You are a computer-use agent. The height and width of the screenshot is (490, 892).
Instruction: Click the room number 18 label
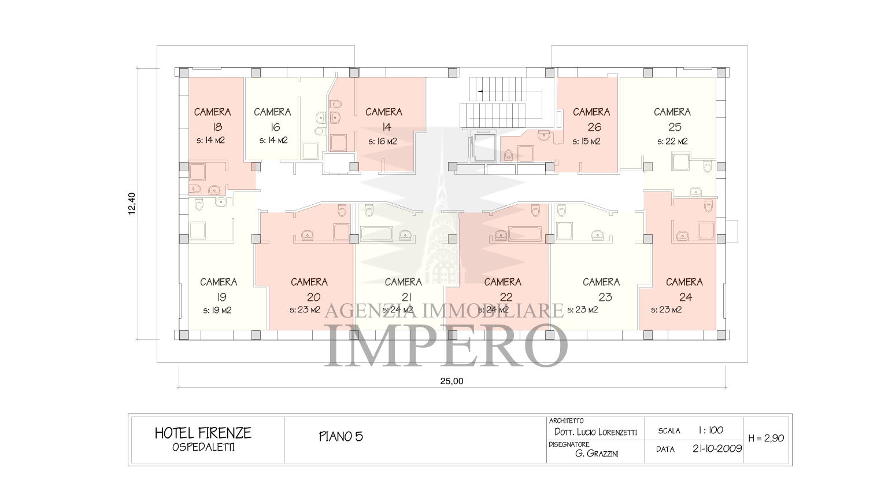pos(217,127)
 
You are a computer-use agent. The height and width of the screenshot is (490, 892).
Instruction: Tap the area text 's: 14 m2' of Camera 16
pos(273,140)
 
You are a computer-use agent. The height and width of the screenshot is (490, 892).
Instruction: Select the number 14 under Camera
pos(386,127)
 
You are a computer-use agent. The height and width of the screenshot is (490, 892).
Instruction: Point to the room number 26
pos(594,127)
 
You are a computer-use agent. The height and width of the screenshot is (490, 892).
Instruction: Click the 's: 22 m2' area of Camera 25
pos(672,141)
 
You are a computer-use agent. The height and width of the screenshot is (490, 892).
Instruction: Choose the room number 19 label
pos(221,297)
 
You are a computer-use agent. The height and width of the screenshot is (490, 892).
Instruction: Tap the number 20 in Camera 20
pos(314,297)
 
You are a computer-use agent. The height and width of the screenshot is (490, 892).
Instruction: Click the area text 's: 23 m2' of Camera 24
pos(666,310)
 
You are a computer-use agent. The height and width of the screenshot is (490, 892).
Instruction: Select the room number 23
pos(605,297)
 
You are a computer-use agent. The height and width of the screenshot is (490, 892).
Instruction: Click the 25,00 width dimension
pos(451,381)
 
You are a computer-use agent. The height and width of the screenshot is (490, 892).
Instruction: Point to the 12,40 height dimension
pos(132,204)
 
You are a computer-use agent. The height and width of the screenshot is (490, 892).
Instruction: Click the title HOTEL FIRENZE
pos(203,433)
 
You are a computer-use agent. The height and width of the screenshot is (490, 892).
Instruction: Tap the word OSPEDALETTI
pos(203,447)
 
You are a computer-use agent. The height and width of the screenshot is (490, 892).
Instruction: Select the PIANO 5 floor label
pos(341,437)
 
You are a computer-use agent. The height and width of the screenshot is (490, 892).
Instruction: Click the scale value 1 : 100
pos(711,430)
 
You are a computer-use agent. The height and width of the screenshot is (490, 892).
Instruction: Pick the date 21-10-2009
pos(717,448)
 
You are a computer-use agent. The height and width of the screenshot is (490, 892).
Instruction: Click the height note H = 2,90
pos(766,438)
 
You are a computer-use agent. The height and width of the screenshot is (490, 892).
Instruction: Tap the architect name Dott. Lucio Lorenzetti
pos(596,432)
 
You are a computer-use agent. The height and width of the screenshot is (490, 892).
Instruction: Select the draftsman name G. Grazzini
pos(597,454)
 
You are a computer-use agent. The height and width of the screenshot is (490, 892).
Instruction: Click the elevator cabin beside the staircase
pos(484,148)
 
